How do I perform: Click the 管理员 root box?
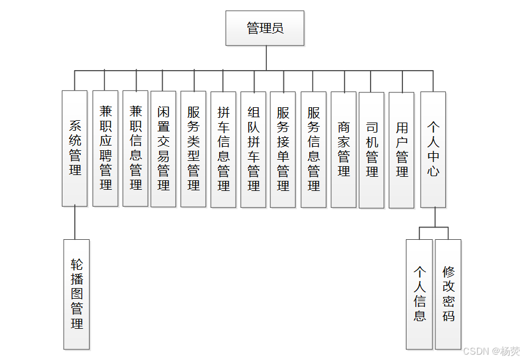pyautogui.click(x=265, y=28)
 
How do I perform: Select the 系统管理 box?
pyautogui.click(x=75, y=148)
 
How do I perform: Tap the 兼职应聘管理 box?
pyautogui.click(x=105, y=148)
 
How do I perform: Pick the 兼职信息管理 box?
pyautogui.click(x=136, y=148)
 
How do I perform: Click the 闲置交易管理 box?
pyautogui.click(x=163, y=148)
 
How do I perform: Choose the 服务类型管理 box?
pyautogui.click(x=193, y=148)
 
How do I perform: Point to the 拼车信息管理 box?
pyautogui.click(x=223, y=148)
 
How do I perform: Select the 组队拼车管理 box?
pyautogui.click(x=253, y=148)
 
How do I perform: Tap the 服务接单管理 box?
pyautogui.click(x=283, y=148)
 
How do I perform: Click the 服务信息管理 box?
pyautogui.click(x=313, y=148)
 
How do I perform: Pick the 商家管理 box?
pyautogui.click(x=343, y=149)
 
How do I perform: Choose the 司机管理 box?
pyautogui.click(x=372, y=150)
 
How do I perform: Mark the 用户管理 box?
pyautogui.click(x=402, y=150)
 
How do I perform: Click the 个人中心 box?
pyautogui.click(x=433, y=149)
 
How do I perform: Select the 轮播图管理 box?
pyautogui.click(x=77, y=294)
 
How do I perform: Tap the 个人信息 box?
pyautogui.click(x=419, y=294)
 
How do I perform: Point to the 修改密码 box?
pyautogui.click(x=448, y=294)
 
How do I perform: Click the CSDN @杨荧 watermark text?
pyautogui.click(x=491, y=351)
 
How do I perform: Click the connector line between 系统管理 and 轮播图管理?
pyautogui.click(x=75, y=223)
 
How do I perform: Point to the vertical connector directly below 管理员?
pyautogui.click(x=266, y=58)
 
